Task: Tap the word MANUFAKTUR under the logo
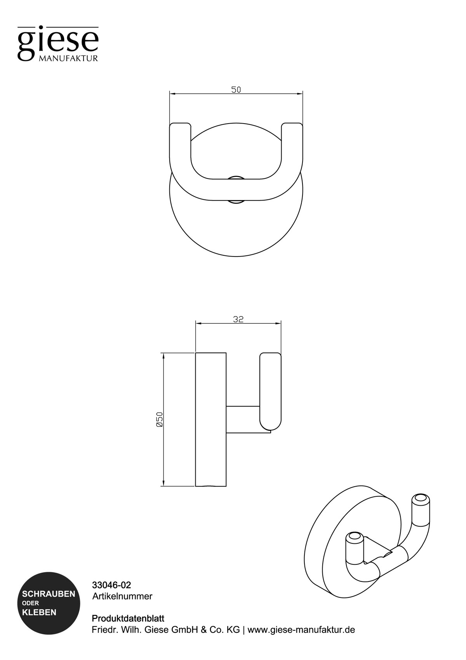click(68, 59)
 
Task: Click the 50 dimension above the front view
click(236, 90)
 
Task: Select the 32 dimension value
click(238, 319)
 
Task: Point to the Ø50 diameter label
click(159, 419)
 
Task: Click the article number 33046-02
click(111, 585)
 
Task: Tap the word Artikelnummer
click(122, 596)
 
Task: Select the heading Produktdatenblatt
click(128, 618)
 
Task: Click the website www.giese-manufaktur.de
click(301, 630)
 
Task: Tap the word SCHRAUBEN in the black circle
click(49, 594)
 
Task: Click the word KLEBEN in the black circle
click(39, 613)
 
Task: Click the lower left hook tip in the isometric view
click(354, 538)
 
